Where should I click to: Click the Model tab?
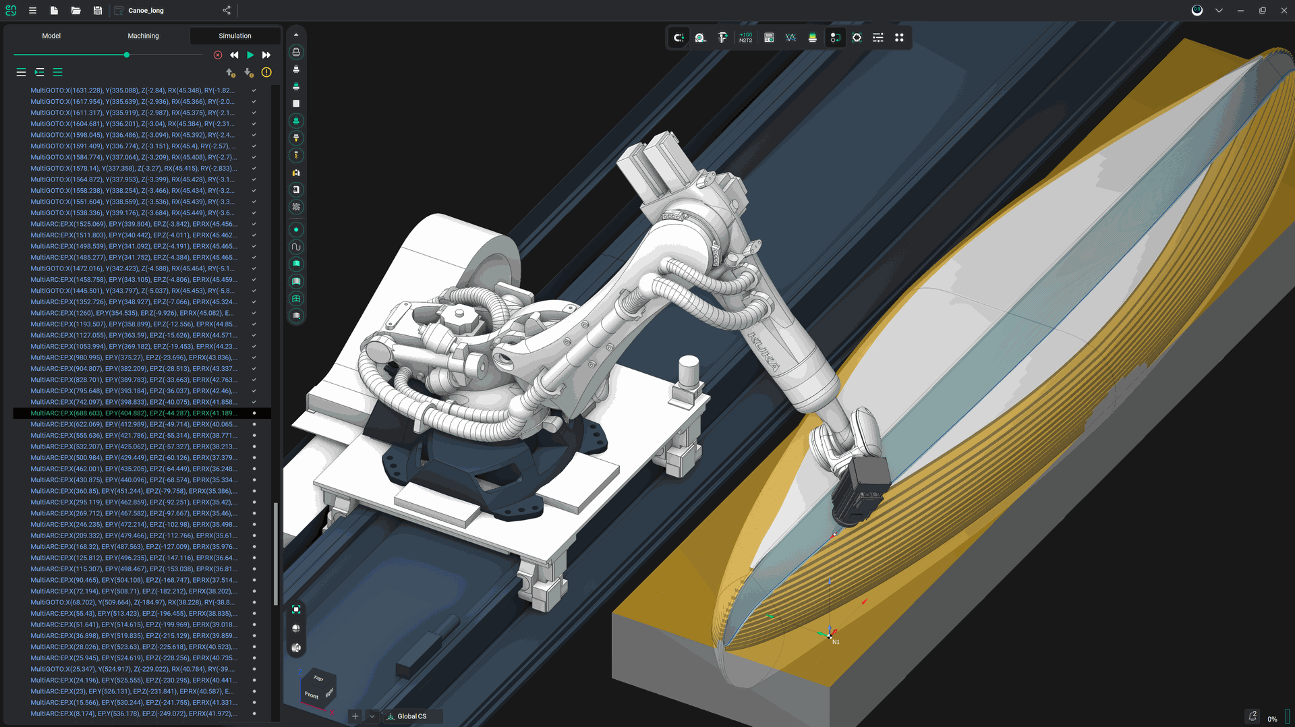pos(51,36)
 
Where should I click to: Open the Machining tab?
pos(143,36)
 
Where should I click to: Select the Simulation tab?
pos(235,36)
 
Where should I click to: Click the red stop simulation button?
pos(218,55)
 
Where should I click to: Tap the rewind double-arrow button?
pos(234,55)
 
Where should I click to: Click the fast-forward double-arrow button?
pos(266,55)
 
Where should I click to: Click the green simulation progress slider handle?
pos(126,55)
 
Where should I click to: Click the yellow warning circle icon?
pos(266,72)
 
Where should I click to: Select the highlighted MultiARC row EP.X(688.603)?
pos(134,413)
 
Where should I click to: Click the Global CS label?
pos(411,716)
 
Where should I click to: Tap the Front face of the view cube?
pos(311,695)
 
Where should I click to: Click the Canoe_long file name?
pos(146,11)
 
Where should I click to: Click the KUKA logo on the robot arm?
pos(764,351)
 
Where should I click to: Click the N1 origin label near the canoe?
pos(836,643)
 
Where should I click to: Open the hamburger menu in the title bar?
pos(32,11)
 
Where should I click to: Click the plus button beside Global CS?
pos(355,716)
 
